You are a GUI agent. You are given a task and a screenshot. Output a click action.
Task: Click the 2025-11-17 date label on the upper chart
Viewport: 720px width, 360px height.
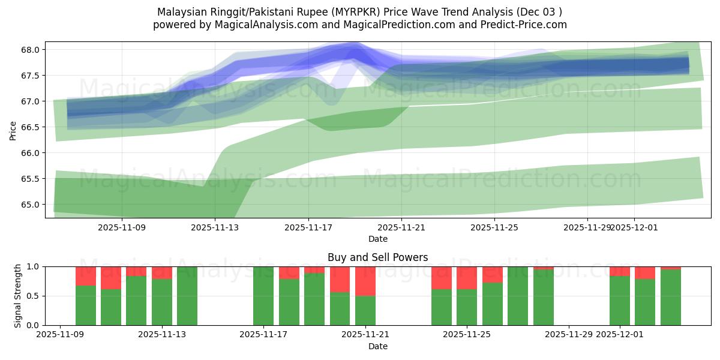(x=308, y=228)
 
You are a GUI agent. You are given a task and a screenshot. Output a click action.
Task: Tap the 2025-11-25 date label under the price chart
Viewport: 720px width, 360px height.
(x=494, y=228)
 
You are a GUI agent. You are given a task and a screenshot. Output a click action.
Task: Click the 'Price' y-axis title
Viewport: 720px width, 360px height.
(x=13, y=130)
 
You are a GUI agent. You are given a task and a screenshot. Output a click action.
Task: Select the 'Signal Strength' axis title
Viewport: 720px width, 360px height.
(x=18, y=296)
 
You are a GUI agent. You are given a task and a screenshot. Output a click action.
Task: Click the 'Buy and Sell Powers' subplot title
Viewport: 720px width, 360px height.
(x=377, y=257)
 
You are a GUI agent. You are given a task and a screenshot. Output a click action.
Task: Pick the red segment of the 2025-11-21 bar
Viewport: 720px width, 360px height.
(x=365, y=281)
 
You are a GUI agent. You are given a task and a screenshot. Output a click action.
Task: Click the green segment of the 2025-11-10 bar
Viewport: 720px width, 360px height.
(x=86, y=305)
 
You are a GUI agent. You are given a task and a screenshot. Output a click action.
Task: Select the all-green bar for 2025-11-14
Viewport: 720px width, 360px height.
(x=187, y=296)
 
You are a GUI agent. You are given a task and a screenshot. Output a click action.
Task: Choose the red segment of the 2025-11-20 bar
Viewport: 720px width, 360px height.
(x=340, y=279)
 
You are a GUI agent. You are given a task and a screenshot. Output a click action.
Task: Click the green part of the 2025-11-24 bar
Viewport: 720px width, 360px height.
(x=442, y=307)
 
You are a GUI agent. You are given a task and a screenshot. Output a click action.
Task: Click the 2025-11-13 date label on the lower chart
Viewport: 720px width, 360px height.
(x=162, y=335)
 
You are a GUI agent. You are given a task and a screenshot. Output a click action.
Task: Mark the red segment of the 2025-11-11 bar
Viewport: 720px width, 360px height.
(x=111, y=278)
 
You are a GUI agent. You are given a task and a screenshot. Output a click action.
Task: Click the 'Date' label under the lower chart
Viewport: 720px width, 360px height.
(x=377, y=346)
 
